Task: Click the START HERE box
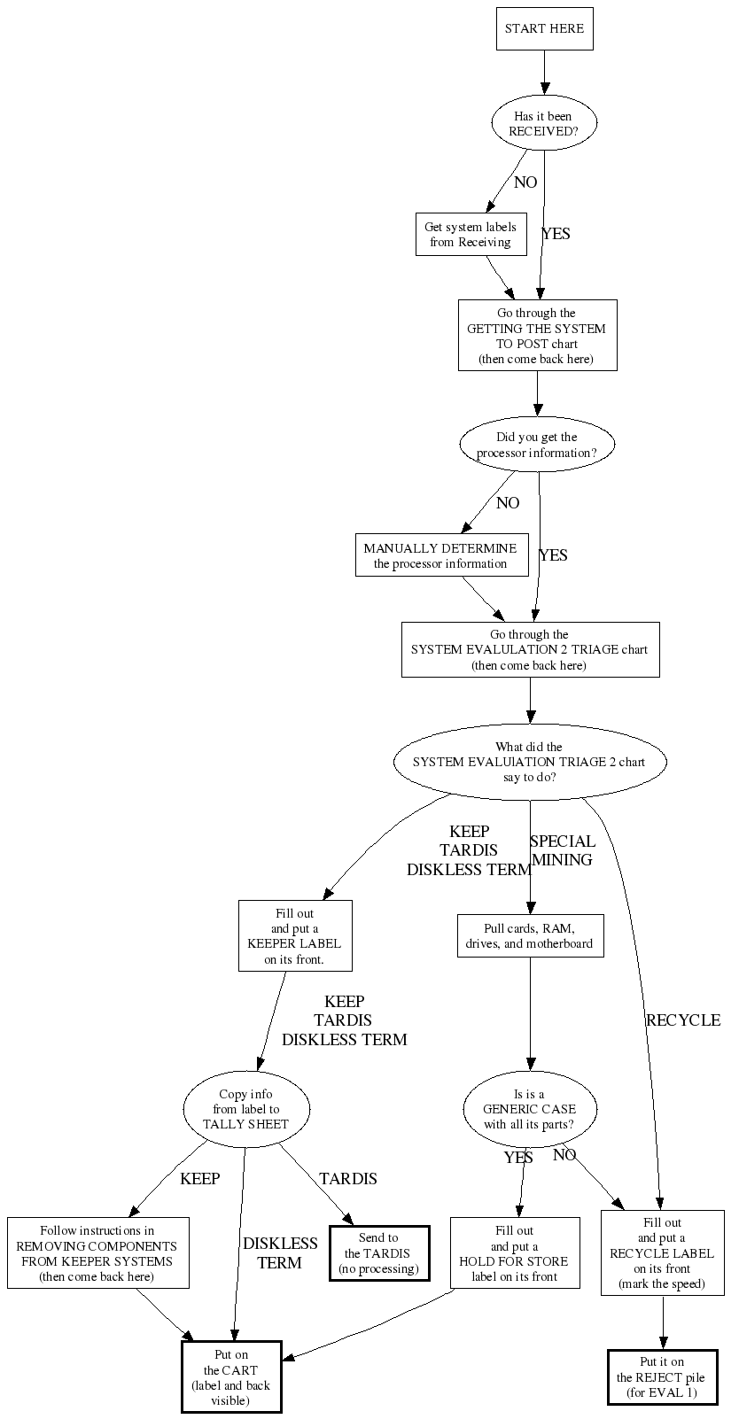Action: click(x=544, y=28)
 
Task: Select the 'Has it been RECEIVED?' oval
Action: click(x=544, y=124)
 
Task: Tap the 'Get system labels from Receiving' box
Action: click(x=471, y=235)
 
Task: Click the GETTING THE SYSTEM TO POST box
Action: click(x=537, y=336)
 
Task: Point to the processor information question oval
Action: click(x=537, y=445)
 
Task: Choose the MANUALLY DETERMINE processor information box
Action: click(x=440, y=556)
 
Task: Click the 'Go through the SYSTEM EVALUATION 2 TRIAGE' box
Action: click(x=530, y=650)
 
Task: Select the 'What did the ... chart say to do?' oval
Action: click(x=529, y=762)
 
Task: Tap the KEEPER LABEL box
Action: click(x=294, y=936)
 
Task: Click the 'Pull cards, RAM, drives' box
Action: click(x=530, y=936)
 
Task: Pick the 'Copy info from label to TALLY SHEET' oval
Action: click(x=246, y=1109)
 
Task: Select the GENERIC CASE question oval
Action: click(x=529, y=1109)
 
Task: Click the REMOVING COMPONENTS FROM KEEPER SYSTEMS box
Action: click(x=97, y=1253)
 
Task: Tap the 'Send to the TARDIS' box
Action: click(x=378, y=1253)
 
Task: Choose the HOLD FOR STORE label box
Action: click(x=515, y=1253)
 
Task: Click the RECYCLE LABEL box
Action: click(x=662, y=1253)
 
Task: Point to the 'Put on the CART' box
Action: click(x=231, y=1377)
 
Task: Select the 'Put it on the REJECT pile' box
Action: click(x=662, y=1377)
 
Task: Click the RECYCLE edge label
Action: click(x=683, y=1020)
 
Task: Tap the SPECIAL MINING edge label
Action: click(x=563, y=850)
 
